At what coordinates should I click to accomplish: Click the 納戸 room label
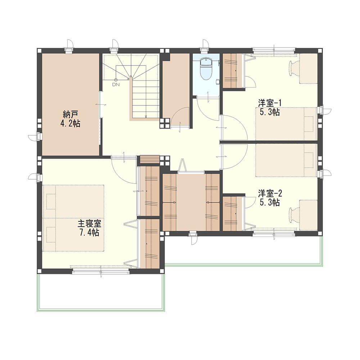point(71,114)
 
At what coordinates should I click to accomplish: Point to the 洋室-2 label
point(270,193)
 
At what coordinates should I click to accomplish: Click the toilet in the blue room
point(206,68)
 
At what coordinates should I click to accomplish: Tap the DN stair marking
point(116,84)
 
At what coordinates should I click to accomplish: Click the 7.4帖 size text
point(89,233)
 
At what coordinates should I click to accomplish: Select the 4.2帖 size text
point(70,124)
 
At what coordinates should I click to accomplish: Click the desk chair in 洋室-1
point(294,68)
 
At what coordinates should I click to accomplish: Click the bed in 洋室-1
point(287,124)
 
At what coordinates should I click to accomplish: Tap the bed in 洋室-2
point(287,160)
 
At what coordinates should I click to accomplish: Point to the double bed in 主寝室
point(73,218)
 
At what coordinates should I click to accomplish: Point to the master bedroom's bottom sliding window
point(101,271)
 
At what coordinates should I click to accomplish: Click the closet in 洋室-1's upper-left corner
point(232,71)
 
